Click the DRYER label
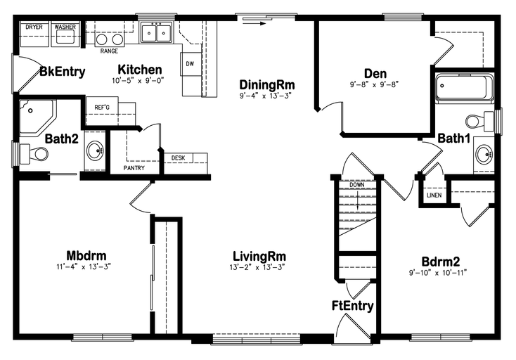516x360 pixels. pos(34,27)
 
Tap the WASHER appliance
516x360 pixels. pos(65,34)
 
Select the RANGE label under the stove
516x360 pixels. pos(109,51)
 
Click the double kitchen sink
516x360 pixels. pos(157,32)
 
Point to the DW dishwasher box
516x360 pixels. pos(191,64)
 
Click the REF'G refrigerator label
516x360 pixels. pos(102,108)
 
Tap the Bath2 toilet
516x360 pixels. pos(34,154)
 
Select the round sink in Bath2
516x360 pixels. pos(95,151)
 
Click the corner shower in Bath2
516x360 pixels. pos(37,117)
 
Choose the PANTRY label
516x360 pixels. pos(134,168)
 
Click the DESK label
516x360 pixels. pos(178,158)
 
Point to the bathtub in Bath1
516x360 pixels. pos(465,87)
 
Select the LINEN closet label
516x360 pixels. pos(434,195)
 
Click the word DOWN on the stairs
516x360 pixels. pos(357,185)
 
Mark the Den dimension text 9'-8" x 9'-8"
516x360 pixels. pos(374,84)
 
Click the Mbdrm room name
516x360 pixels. pos(86,255)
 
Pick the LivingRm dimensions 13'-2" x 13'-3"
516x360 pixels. pos(257,267)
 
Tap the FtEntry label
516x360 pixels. pos(352,306)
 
